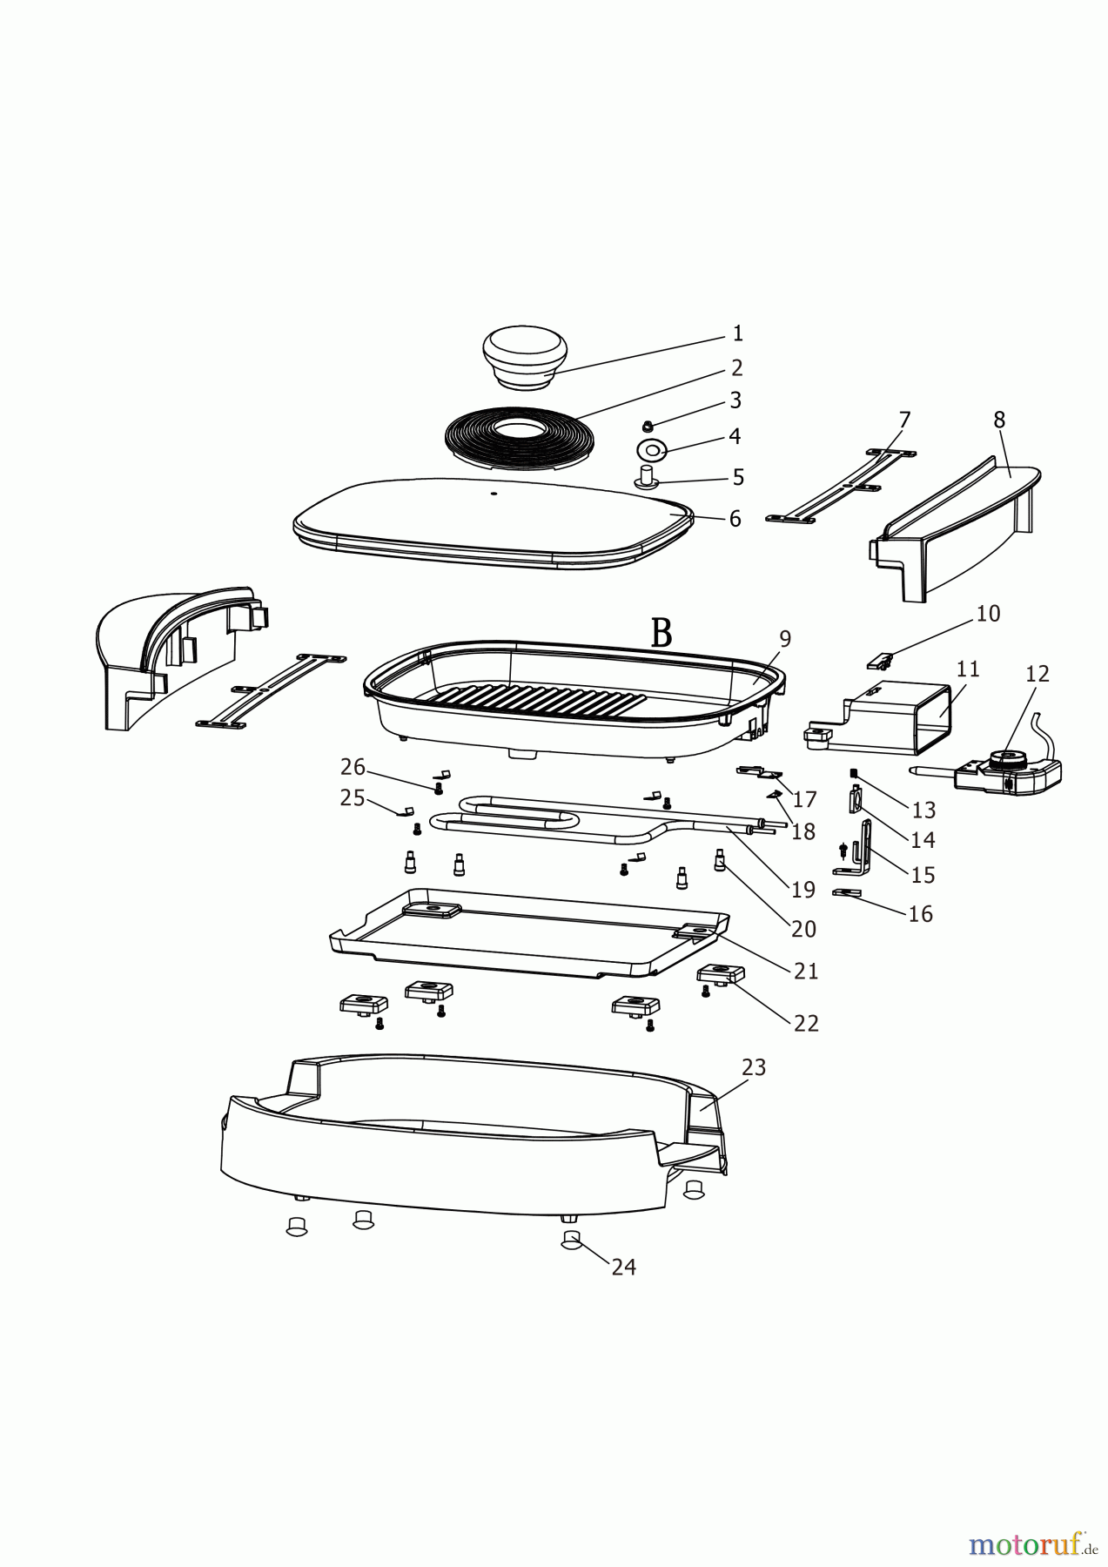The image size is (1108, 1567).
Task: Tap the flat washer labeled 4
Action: (651, 450)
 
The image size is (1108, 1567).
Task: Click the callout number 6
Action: (735, 520)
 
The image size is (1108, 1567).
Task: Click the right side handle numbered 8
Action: (957, 522)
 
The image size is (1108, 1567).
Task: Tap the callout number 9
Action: (784, 639)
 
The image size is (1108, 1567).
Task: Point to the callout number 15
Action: (922, 875)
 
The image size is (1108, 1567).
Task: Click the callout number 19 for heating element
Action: (802, 890)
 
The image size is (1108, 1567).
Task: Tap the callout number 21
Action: (806, 971)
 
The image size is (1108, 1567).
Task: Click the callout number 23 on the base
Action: (753, 1067)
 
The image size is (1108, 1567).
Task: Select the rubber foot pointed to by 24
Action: (571, 1240)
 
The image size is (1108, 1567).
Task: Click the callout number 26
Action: (353, 767)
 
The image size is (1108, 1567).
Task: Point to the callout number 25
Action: (353, 797)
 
